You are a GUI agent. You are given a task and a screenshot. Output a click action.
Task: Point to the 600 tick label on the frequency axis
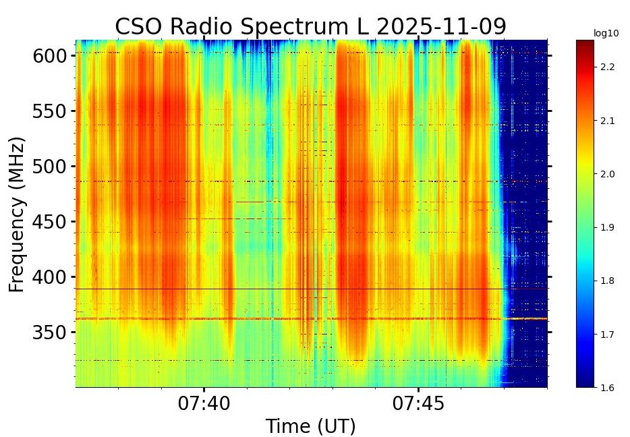click(x=51, y=56)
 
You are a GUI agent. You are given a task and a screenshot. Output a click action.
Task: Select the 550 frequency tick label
click(x=51, y=111)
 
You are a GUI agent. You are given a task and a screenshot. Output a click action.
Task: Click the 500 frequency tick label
click(x=51, y=167)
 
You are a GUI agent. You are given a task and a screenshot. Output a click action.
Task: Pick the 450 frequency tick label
click(x=51, y=222)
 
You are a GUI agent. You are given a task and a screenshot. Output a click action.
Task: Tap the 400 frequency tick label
click(x=51, y=277)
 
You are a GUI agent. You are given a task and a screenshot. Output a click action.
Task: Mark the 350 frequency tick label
click(x=51, y=332)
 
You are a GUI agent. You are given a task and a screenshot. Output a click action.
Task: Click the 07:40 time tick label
click(x=204, y=404)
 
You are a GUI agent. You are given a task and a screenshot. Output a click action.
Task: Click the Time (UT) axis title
click(x=310, y=426)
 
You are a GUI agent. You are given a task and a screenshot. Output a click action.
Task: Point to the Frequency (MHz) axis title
click(x=18, y=214)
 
